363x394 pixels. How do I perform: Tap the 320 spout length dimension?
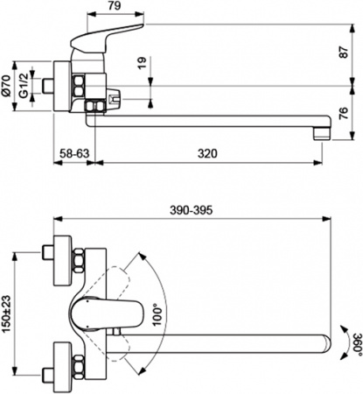pos(207,153)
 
